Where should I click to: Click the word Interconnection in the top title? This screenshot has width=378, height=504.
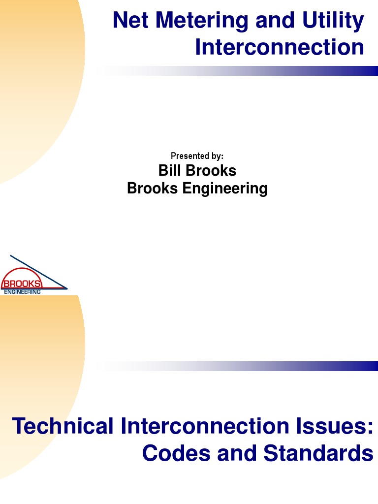tap(280, 48)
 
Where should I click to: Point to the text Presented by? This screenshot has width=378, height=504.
tap(197, 156)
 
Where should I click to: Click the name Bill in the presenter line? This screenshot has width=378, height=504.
tap(169, 170)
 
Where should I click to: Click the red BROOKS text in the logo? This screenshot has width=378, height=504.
tap(22, 284)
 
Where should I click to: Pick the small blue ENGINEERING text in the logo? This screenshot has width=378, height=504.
tap(23, 292)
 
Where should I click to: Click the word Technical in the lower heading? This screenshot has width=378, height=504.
tap(62, 426)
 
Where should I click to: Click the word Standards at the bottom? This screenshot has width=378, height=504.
tap(318, 453)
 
